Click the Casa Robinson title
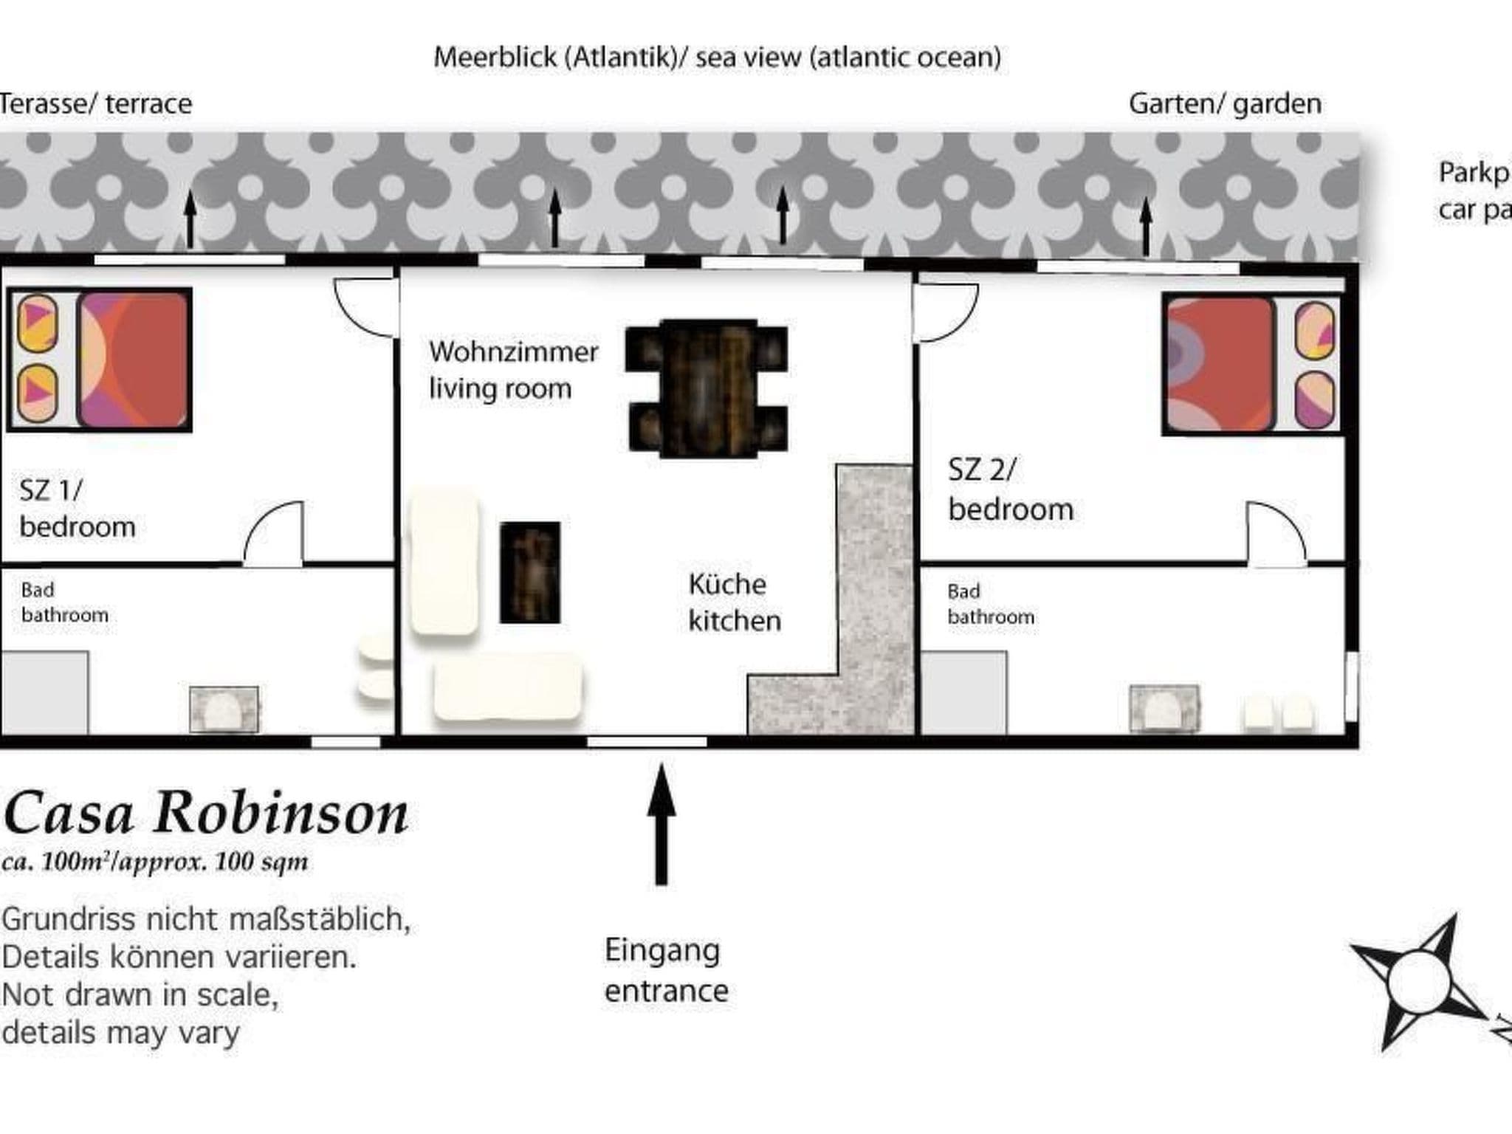point(206,814)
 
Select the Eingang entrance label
point(666,970)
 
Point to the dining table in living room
point(707,388)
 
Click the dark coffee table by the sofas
point(530,573)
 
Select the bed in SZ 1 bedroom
point(100,360)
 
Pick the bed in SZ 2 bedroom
point(1252,364)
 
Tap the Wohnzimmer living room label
point(513,370)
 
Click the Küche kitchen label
point(734,602)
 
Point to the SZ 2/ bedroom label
point(1010,489)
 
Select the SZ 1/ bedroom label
point(78,509)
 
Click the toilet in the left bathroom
point(224,709)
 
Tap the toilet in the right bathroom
point(1164,709)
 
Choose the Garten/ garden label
point(1225,104)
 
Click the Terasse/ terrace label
point(96,104)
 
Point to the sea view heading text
point(717,58)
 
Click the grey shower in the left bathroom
point(44,693)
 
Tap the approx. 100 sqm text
point(155,862)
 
